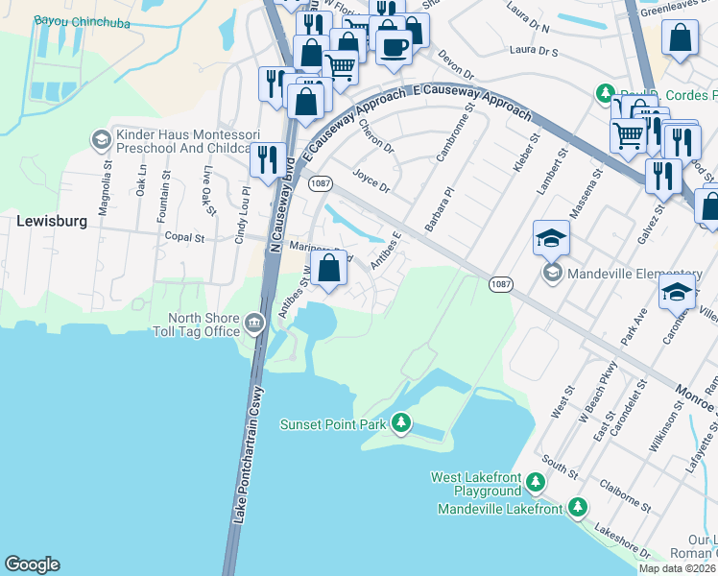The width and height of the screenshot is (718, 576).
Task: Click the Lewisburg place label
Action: pos(53,221)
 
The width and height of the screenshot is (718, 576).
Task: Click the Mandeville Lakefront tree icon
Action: pos(577,507)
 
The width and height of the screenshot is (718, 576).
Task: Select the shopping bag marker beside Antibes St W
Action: pos(328,268)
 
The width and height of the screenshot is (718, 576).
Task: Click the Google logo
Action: pos(32,564)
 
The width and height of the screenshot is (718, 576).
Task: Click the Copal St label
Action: pos(185,236)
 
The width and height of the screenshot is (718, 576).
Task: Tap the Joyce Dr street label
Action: pos(371,180)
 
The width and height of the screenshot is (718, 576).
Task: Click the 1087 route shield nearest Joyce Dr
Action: pos(320,182)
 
